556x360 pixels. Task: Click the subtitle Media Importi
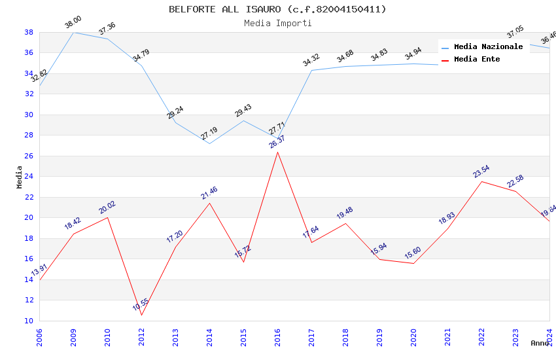pos(277,24)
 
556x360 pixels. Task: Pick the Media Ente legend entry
pos(477,60)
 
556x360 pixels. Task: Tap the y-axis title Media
pos(20,177)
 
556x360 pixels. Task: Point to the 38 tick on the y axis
pos(29,32)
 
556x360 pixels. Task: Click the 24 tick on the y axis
pos(29,177)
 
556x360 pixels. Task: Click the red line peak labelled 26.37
pos(277,152)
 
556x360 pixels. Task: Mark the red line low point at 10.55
pos(141,315)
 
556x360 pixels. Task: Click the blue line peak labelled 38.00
pos(73,32)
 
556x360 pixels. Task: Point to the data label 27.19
pos(209,134)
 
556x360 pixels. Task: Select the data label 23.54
pos(481,171)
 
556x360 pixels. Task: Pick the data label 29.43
pos(243,111)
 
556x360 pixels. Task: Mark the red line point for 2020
pos(413,263)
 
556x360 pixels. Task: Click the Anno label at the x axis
pos(540,343)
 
